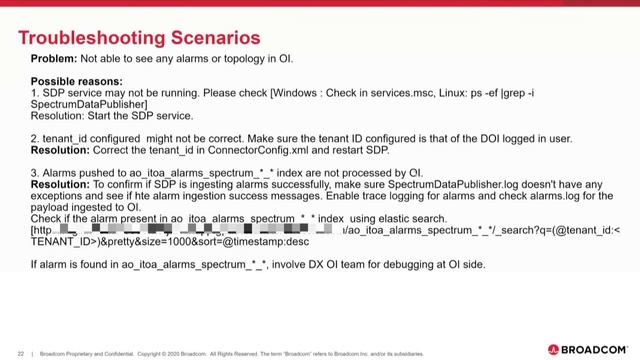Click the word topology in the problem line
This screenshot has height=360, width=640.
[248, 59]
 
